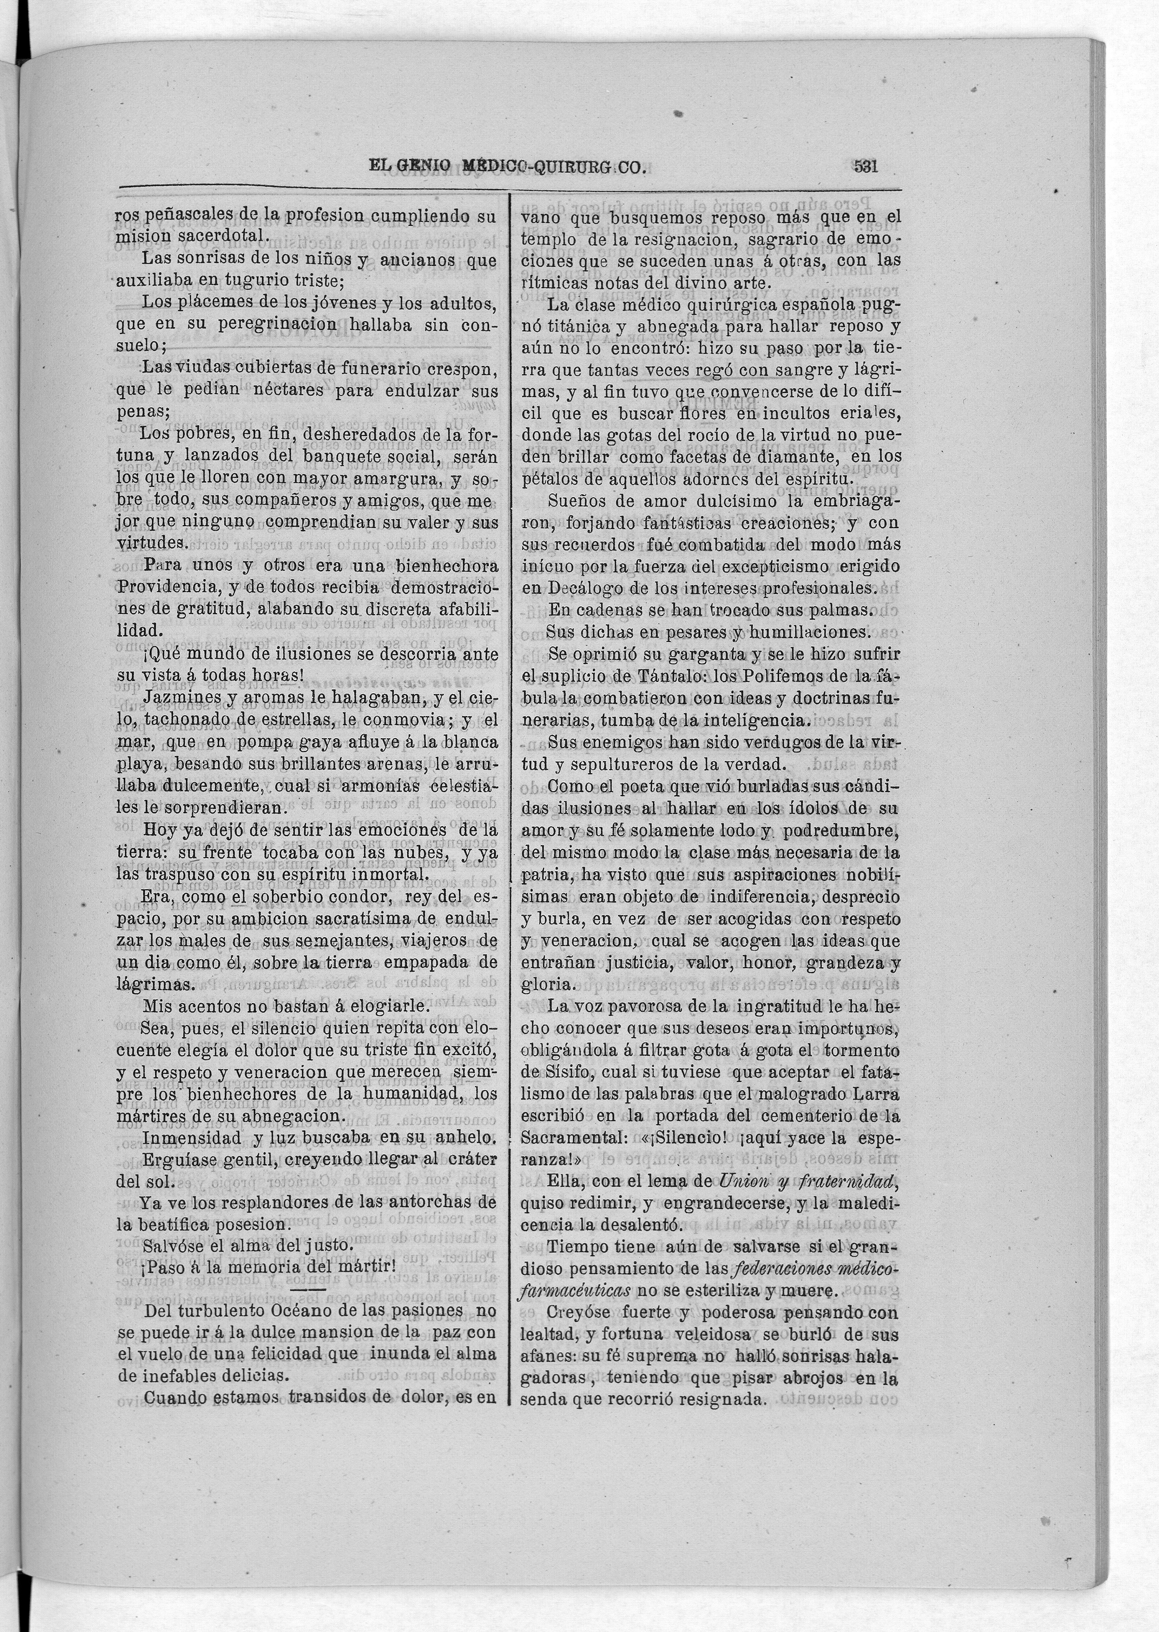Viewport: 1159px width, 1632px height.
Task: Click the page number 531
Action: pyautogui.click(x=865, y=167)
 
